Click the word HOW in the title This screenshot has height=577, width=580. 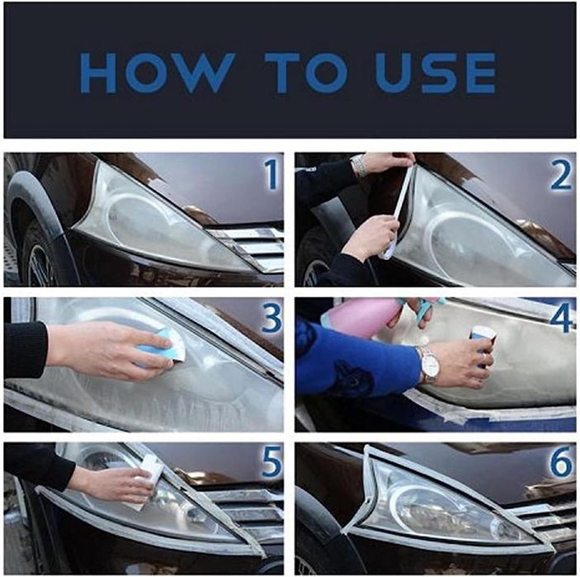(158, 73)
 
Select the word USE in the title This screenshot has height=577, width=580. (435, 73)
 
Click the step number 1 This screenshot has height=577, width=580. (271, 175)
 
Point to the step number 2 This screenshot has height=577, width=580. (561, 176)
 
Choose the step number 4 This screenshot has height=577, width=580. (562, 317)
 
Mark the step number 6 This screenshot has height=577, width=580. (562, 461)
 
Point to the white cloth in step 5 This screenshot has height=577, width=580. (148, 481)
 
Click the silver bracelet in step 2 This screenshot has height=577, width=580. (359, 165)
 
